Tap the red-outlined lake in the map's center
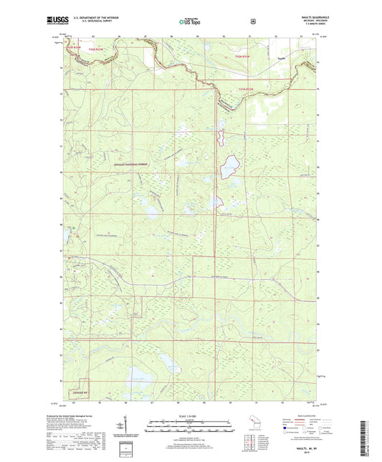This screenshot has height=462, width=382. coord(229,169)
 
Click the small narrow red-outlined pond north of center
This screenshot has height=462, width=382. coord(221,134)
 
